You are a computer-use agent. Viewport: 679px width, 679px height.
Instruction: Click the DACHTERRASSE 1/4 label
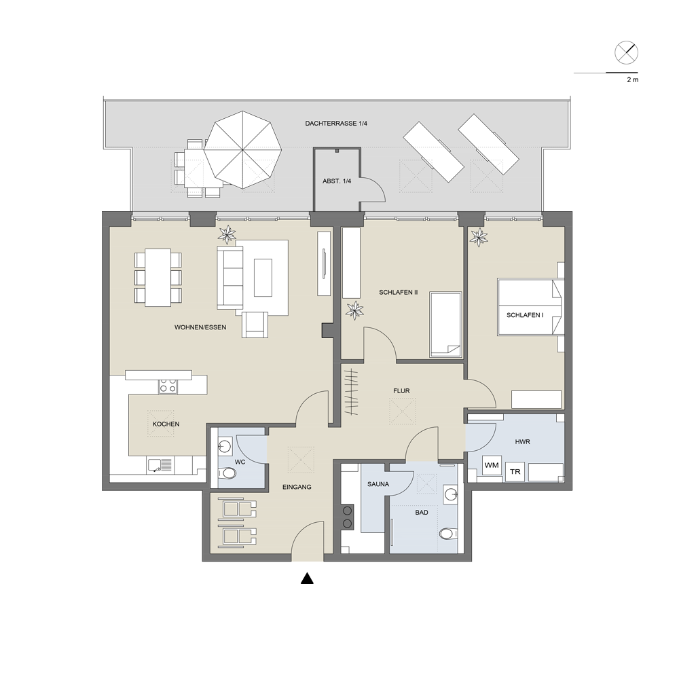336,124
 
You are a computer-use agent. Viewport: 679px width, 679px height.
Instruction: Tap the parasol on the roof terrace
242,150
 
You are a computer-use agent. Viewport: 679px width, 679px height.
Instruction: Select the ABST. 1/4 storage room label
337,181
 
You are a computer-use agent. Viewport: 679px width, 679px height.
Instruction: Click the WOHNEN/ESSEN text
200,327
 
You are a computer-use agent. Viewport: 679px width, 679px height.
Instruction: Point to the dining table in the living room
158,278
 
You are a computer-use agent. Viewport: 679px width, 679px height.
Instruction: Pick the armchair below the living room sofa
255,325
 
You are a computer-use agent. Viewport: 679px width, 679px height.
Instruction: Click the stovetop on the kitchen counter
168,386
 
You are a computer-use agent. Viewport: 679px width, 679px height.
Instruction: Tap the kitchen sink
160,466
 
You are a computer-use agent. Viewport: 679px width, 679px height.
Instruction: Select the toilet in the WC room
227,473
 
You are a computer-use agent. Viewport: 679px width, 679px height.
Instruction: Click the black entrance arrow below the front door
307,578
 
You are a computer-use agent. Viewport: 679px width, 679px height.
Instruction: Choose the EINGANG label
297,487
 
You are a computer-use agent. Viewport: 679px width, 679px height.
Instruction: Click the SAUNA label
378,484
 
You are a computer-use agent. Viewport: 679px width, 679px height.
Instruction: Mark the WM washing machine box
492,466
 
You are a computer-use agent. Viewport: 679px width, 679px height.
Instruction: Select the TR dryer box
515,472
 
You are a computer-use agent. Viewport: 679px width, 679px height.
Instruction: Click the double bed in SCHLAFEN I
530,307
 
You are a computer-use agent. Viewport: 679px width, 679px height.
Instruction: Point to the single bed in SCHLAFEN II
445,325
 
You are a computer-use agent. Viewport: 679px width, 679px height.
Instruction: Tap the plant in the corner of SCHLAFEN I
479,237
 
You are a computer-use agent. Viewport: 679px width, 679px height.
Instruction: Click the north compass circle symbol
626,53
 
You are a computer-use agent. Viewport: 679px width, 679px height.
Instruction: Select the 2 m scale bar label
633,79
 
